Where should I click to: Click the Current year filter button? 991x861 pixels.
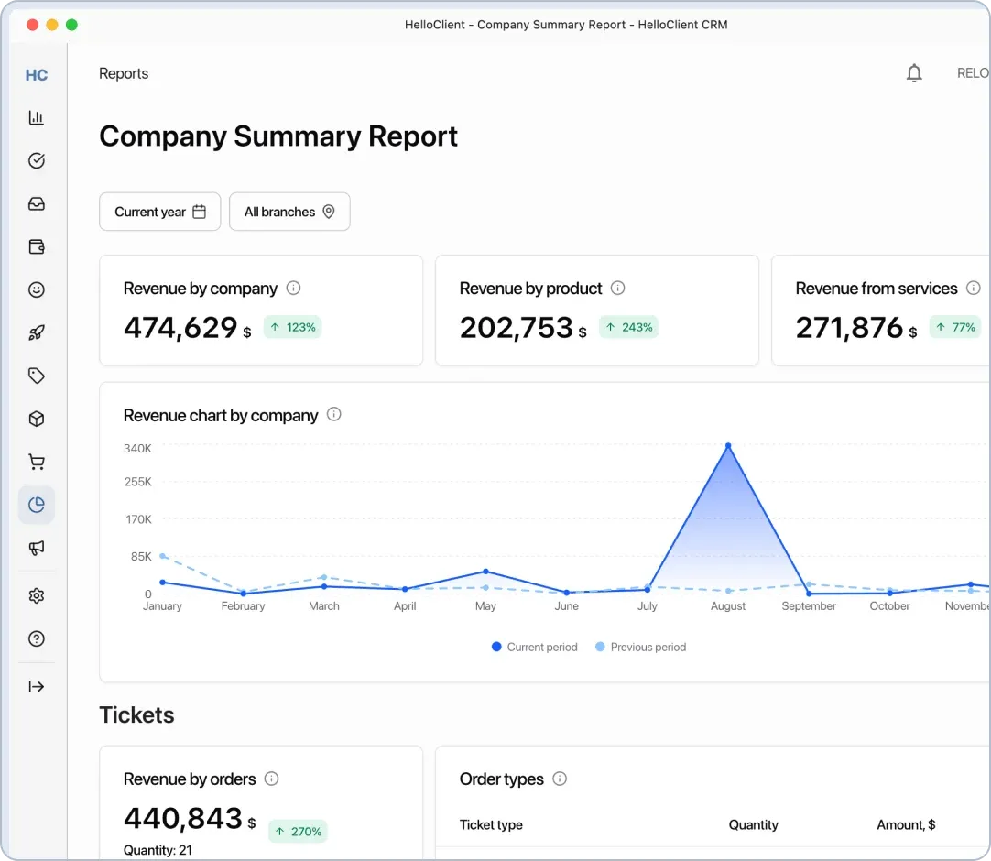tap(159, 212)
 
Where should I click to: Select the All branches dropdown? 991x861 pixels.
tap(289, 212)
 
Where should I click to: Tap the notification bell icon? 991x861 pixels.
tap(914, 73)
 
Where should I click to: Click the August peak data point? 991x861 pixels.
tap(728, 446)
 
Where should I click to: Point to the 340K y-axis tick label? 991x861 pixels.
tap(137, 448)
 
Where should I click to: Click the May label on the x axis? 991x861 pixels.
tap(485, 606)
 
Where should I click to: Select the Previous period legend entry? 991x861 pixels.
tap(640, 647)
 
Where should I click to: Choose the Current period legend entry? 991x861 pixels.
tap(535, 647)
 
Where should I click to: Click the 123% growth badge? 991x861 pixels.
tap(292, 327)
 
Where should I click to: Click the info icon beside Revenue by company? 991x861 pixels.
tap(293, 288)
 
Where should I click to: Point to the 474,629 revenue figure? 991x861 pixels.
tap(180, 327)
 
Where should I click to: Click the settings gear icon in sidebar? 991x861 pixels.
tap(37, 596)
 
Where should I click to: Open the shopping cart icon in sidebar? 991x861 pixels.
tap(37, 462)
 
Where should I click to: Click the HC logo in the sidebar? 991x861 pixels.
tap(37, 75)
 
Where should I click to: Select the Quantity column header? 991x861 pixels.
tap(753, 824)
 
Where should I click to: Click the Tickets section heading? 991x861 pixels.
tap(136, 714)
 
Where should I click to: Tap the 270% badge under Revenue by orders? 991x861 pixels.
tap(298, 832)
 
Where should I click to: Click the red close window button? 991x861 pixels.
tap(33, 25)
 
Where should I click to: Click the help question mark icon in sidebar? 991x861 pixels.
tap(37, 639)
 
